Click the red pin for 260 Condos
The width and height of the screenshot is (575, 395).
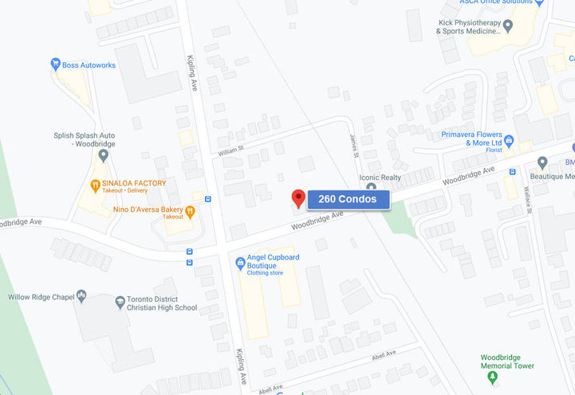[x=298, y=197]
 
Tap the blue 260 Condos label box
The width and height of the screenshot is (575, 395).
[x=348, y=199]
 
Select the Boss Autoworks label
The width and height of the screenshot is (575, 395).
[x=89, y=65]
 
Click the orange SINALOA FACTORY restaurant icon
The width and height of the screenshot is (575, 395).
[x=95, y=185]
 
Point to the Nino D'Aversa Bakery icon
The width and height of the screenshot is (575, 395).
[x=190, y=210]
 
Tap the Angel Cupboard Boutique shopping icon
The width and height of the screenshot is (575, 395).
[x=240, y=263]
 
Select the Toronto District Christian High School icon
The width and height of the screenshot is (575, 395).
[x=120, y=302]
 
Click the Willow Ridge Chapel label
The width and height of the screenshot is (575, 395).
[x=40, y=297]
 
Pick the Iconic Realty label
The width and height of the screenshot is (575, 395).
[x=380, y=178]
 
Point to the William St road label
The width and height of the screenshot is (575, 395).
[x=230, y=149]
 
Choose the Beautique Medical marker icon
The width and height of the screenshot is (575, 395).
[x=542, y=162]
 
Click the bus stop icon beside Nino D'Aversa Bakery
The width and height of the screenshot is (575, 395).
[x=207, y=199]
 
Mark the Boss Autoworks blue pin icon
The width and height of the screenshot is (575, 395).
[x=56, y=64]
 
